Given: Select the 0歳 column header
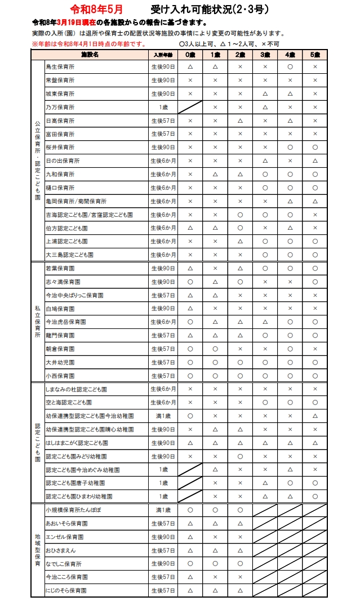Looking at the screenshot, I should pos(190,55).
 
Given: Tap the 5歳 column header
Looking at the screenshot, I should pos(314,55).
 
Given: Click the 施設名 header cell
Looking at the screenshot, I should pos(90,55).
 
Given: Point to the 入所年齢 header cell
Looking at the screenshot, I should pos(163,55).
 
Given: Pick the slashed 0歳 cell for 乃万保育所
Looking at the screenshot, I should pos(190,107).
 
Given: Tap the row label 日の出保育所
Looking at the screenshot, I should pos(63,161).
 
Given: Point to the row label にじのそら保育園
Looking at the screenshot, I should pos(66,590).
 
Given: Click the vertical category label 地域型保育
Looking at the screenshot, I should pos(37,550).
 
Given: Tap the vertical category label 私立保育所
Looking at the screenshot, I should pos(37,322).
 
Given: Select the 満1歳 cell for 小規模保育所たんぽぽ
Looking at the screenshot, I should pos(163,510).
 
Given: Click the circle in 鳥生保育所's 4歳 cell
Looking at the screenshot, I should pos(290,67).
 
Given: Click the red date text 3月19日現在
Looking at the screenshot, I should pos(77,23).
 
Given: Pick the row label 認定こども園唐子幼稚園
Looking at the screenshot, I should pos(75,483).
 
